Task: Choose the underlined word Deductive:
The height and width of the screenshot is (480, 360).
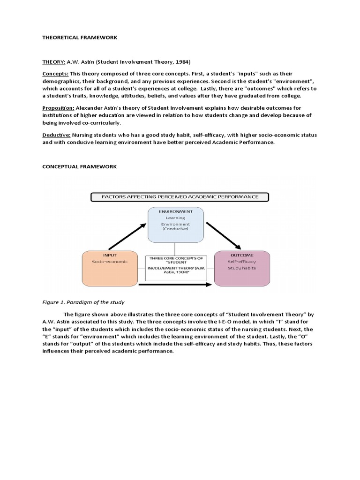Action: point(57,135)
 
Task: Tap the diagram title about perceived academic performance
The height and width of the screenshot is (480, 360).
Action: point(180,197)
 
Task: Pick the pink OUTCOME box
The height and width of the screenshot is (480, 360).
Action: point(242,269)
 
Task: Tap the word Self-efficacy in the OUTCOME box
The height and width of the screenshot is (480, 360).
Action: point(242,262)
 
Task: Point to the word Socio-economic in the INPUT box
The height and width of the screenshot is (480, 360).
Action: point(109,262)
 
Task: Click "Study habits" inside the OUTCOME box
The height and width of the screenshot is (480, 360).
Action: point(242,268)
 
